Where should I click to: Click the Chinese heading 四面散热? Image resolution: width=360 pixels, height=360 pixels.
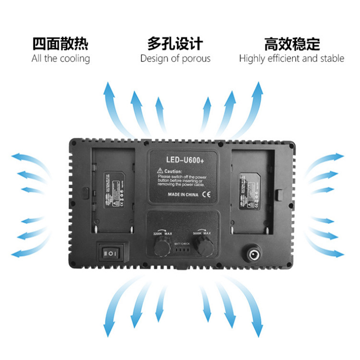coord(60,44)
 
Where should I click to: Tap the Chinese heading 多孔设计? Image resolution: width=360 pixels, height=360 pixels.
coord(175,44)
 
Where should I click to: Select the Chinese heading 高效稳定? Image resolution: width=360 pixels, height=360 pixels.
coord(292,44)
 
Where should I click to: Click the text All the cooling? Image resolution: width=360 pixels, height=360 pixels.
coord(60,59)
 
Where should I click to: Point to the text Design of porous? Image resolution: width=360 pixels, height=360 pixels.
coord(175,59)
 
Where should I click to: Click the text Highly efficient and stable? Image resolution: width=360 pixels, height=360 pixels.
coord(291,59)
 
